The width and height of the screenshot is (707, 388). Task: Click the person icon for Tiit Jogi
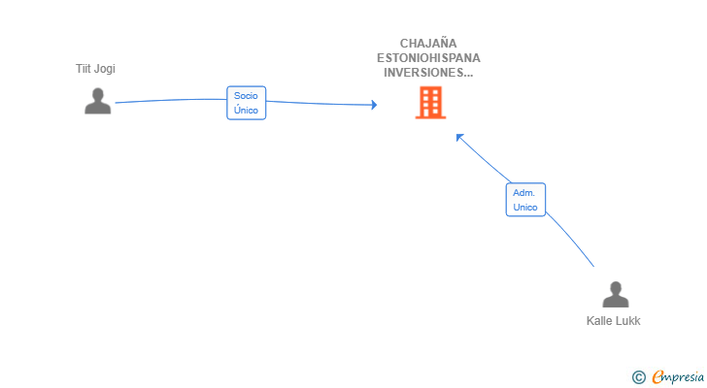click(97, 101)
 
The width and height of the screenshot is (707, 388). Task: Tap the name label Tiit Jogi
click(95, 69)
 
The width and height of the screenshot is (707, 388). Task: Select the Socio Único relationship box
click(247, 103)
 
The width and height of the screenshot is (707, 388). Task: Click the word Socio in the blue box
click(246, 95)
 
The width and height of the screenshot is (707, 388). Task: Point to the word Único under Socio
click(246, 110)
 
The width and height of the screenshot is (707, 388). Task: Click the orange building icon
click(430, 103)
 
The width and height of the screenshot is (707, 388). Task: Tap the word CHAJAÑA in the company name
click(428, 44)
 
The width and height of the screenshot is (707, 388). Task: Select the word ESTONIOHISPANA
click(428, 58)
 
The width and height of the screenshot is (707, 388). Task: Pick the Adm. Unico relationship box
click(525, 200)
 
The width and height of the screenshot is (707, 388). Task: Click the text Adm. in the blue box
click(524, 193)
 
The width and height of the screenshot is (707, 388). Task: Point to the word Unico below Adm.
click(525, 207)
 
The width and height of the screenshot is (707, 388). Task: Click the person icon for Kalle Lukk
click(616, 294)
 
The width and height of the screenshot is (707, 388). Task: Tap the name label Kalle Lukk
click(613, 321)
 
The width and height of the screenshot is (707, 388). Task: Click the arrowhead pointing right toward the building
click(374, 105)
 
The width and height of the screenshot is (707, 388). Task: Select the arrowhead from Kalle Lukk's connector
click(459, 138)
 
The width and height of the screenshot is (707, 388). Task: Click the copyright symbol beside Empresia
click(639, 377)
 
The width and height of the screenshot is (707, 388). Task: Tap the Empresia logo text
click(678, 377)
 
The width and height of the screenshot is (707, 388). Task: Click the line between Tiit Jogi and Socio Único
click(171, 100)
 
